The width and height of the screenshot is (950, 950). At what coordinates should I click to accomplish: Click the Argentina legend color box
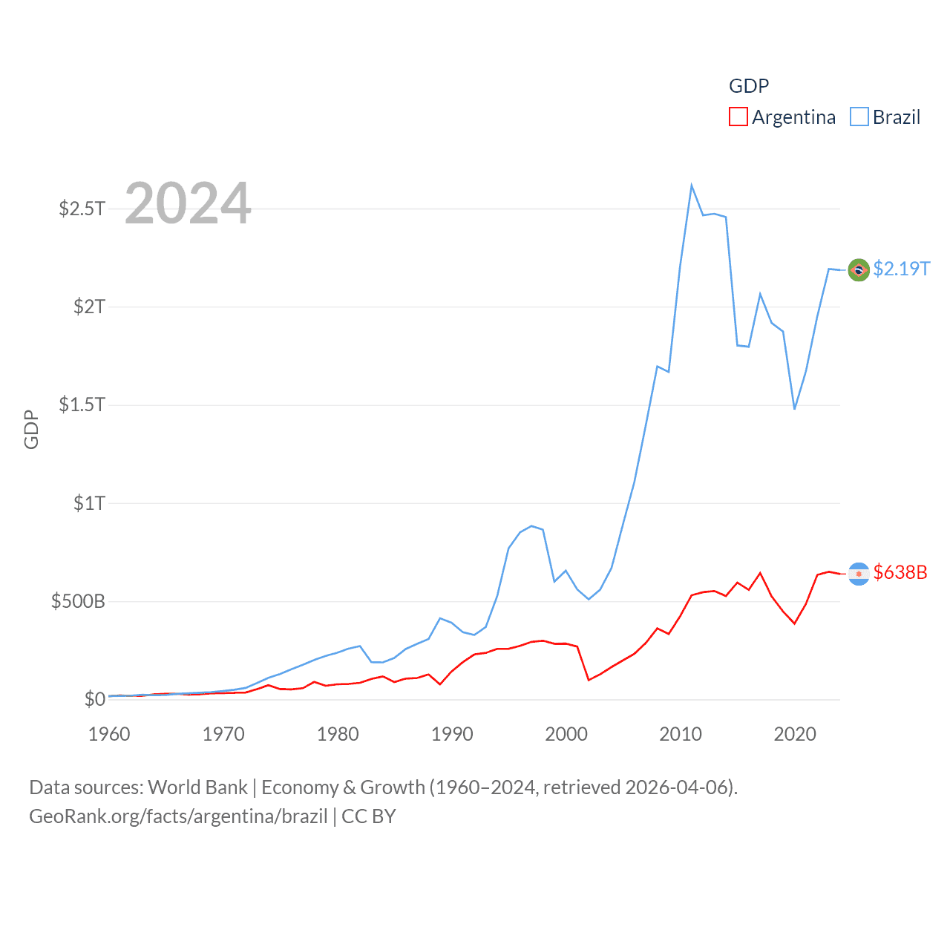pos(738,117)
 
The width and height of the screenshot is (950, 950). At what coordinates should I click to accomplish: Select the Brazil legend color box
pos(859,117)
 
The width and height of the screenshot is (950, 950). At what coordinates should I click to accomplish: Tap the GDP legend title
pos(748,86)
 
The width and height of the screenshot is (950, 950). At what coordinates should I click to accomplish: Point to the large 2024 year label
pos(188,203)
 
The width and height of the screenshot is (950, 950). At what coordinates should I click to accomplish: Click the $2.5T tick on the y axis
pos(82,209)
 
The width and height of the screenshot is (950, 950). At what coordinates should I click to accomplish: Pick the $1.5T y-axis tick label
pos(82,404)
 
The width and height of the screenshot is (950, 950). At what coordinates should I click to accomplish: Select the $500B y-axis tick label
pos(78,601)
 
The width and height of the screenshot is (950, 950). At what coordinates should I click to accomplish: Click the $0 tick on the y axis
pos(95,699)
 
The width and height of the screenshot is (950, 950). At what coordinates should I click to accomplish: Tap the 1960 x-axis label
pos(109,734)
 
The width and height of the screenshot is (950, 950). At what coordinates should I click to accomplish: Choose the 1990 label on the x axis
pos(452,734)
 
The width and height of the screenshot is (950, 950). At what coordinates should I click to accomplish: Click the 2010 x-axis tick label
pos(681,734)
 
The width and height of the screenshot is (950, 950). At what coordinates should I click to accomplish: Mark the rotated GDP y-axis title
pos(31,429)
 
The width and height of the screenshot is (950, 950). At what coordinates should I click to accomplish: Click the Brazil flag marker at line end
pos(859,270)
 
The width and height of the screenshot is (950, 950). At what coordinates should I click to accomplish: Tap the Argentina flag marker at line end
pos(859,574)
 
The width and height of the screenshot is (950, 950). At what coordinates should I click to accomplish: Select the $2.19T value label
pos(901,269)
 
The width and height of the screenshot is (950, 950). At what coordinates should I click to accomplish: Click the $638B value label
pos(900,572)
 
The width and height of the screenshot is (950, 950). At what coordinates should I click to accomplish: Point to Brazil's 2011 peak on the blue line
pos(691,186)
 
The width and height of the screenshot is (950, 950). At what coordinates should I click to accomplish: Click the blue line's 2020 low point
pos(794,409)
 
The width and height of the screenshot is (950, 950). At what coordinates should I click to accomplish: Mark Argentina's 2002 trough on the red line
pos(589,680)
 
